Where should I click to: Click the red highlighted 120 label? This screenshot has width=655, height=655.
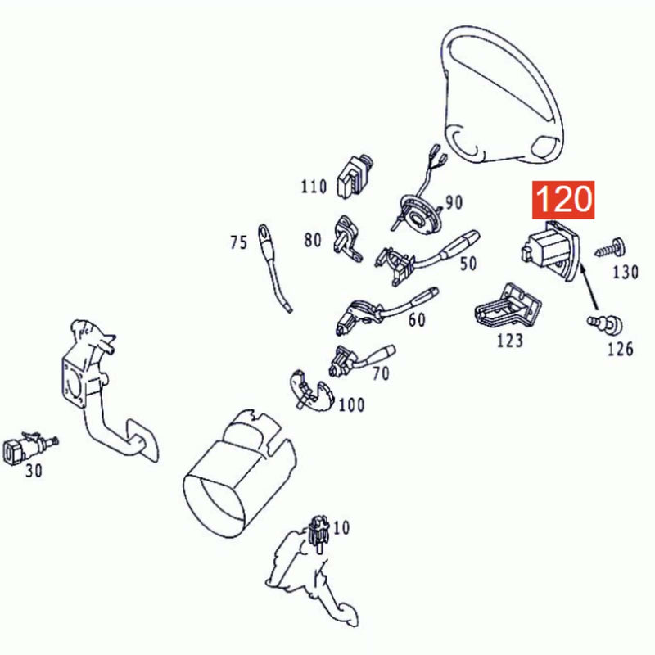(x=562, y=200)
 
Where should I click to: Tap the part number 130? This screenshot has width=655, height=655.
(x=626, y=273)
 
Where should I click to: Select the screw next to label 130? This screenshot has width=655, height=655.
(x=610, y=249)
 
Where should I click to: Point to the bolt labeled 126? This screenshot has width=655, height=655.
(x=604, y=324)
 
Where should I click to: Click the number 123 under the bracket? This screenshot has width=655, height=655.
(x=509, y=341)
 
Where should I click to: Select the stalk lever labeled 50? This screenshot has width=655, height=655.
(x=427, y=257)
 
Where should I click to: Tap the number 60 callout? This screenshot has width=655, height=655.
(x=417, y=320)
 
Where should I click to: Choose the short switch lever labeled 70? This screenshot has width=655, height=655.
(x=361, y=360)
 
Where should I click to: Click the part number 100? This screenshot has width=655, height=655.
(x=351, y=404)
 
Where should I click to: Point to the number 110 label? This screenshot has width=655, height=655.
(x=314, y=187)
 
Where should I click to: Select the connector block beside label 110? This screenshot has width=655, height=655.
(x=355, y=177)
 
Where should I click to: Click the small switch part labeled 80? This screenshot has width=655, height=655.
(x=347, y=239)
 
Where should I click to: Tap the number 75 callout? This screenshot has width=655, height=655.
(x=238, y=242)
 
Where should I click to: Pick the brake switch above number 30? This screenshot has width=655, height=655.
(x=29, y=448)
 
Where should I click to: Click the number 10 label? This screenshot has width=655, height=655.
(x=341, y=527)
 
